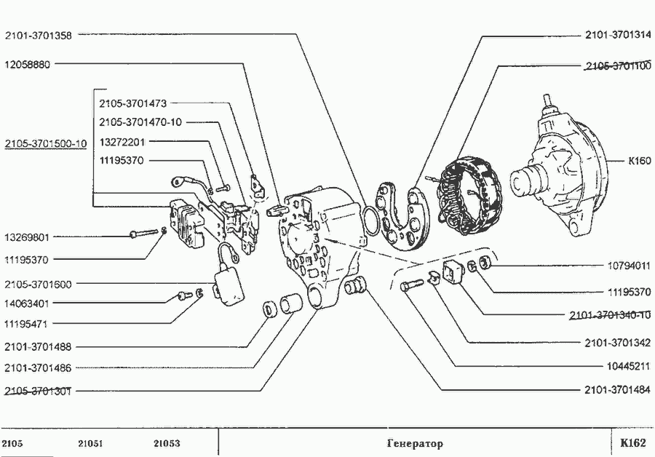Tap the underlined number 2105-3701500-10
point(45,143)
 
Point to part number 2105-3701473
point(134,103)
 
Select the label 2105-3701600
point(38,284)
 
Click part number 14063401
point(27,303)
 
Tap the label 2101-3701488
point(38,347)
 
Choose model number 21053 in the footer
point(167,443)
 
